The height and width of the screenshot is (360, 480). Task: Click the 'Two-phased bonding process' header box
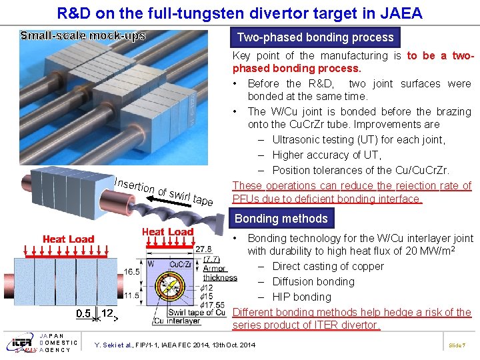point(315,37)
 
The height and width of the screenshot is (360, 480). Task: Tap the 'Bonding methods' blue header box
point(281,219)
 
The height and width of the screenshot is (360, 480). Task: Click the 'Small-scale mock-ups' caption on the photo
point(83,35)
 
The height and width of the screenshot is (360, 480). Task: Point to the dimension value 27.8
point(203,249)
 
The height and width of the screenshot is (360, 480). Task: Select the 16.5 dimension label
point(133,272)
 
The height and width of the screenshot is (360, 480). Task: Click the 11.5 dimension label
point(133,295)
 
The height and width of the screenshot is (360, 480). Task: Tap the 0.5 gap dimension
point(83,313)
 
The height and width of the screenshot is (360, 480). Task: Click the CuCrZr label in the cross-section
point(180,264)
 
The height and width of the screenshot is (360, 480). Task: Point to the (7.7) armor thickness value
point(211,259)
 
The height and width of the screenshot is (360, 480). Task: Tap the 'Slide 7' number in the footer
point(456,345)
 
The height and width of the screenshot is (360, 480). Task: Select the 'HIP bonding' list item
point(301,297)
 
